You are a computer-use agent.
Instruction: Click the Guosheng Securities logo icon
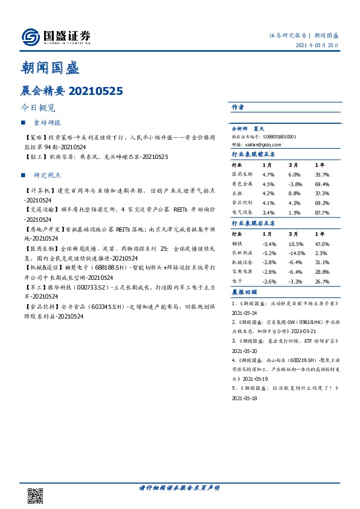[x=30, y=37]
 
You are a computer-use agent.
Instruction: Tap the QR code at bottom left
[x=36, y=495]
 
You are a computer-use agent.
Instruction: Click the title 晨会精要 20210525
[x=72, y=91]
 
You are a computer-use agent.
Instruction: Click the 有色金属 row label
[x=241, y=184]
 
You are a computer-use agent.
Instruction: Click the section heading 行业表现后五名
[x=254, y=223]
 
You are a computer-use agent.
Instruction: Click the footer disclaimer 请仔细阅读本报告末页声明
[x=179, y=487]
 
